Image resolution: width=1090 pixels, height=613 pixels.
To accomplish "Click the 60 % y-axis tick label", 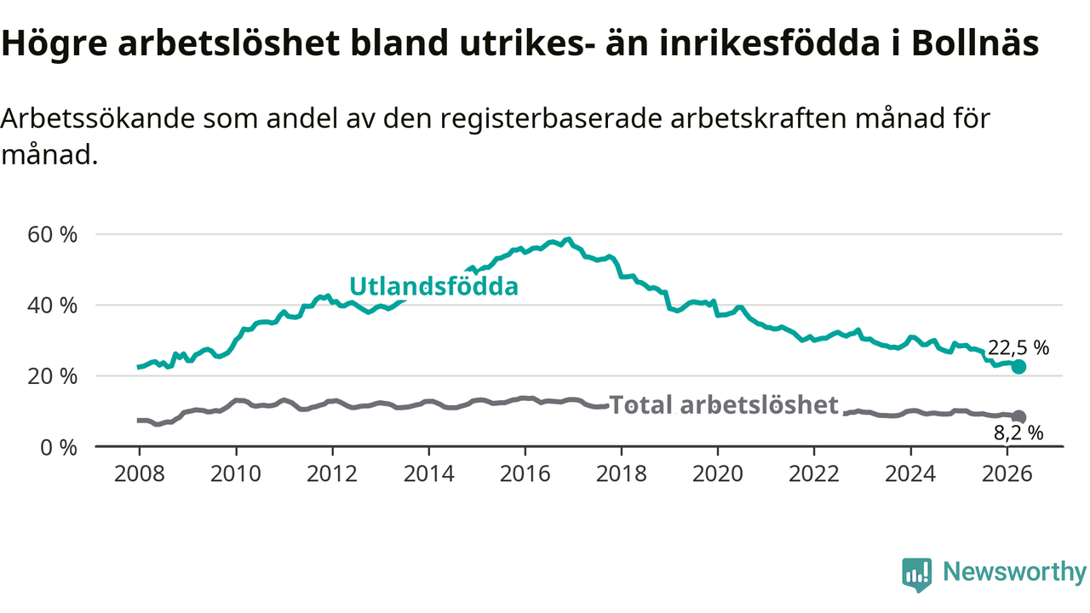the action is [x=52, y=235].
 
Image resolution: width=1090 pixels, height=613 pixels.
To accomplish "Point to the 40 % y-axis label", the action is [x=52, y=306].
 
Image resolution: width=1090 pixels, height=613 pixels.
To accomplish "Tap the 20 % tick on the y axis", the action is [x=52, y=376].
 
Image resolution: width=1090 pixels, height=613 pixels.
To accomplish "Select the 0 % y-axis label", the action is [x=59, y=448].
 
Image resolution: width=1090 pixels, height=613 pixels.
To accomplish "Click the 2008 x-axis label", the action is [x=139, y=474].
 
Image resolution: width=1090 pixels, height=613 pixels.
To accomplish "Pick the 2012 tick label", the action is [x=332, y=474].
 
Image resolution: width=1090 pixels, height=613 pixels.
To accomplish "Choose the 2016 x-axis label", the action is [x=525, y=474].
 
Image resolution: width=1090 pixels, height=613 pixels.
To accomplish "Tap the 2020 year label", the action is [x=718, y=474].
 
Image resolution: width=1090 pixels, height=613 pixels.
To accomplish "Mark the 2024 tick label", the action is [x=910, y=474].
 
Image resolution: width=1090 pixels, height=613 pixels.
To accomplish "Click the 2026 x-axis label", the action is [x=1007, y=474].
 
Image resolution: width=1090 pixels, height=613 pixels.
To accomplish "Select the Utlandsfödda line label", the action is [x=433, y=286].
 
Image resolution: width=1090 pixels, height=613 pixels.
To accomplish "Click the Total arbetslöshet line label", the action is [x=724, y=404].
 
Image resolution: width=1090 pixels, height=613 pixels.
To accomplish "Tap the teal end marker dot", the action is [x=1018, y=367].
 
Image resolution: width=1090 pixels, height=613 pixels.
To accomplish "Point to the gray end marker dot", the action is [x=1018, y=417].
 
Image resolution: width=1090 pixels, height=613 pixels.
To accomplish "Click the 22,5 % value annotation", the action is [x=1018, y=348].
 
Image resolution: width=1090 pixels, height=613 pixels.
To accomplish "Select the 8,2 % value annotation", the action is [x=1018, y=433].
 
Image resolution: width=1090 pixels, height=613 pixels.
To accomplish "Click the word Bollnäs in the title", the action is [x=975, y=43].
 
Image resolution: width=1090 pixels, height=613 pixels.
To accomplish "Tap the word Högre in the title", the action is [x=54, y=43].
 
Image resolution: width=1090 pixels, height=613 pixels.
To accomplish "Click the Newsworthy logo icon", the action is [x=916, y=575].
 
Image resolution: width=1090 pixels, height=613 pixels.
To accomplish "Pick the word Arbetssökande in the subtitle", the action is [x=97, y=118].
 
